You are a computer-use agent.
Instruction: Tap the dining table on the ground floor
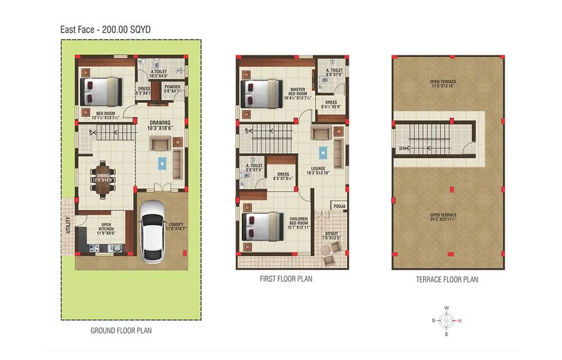pyautogui.click(x=103, y=180)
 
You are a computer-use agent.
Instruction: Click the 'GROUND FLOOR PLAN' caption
pyautogui.click(x=121, y=331)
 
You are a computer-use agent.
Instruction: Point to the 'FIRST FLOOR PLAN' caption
pyautogui.click(x=286, y=278)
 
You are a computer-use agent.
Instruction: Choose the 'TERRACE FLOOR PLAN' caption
pyautogui.click(x=447, y=279)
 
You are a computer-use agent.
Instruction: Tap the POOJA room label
pyautogui.click(x=339, y=206)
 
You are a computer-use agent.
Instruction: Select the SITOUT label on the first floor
pyautogui.click(x=332, y=233)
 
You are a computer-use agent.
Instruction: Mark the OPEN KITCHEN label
pyautogui.click(x=106, y=227)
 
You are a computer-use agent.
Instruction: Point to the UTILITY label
pyautogui.click(x=68, y=224)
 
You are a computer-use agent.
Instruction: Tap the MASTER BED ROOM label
pyautogui.click(x=298, y=89)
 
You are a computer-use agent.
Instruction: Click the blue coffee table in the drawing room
pyautogui.click(x=162, y=163)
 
